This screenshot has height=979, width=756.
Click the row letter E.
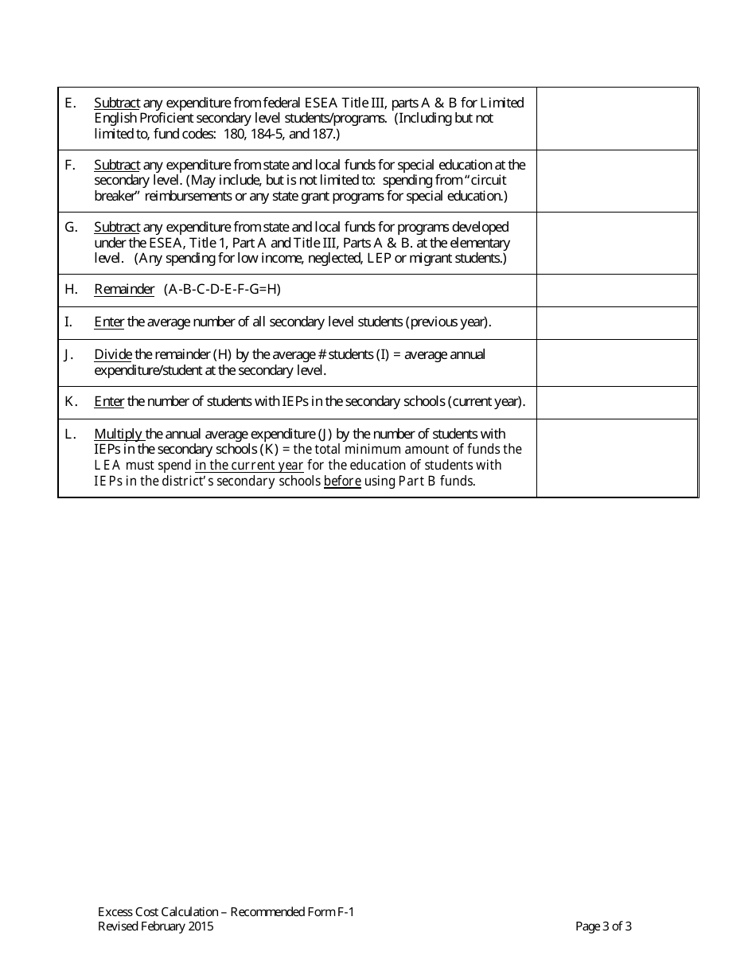tap(69, 103)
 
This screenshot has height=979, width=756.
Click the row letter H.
tap(70, 290)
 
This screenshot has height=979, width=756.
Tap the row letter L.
tap(70, 434)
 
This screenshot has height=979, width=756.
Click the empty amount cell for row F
tap(617, 181)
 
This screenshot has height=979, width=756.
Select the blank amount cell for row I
tap(617, 323)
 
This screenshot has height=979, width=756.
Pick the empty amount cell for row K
tap(617, 403)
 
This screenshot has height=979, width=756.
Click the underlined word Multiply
tap(119, 434)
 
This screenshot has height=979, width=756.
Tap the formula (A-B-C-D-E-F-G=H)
tap(223, 290)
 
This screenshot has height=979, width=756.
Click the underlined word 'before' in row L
tap(342, 482)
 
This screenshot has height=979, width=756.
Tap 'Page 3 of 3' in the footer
tap(603, 926)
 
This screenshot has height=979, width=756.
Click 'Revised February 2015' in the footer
tap(155, 926)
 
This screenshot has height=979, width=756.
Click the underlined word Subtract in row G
tap(117, 228)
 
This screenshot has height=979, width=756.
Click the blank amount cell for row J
tap(617, 363)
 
